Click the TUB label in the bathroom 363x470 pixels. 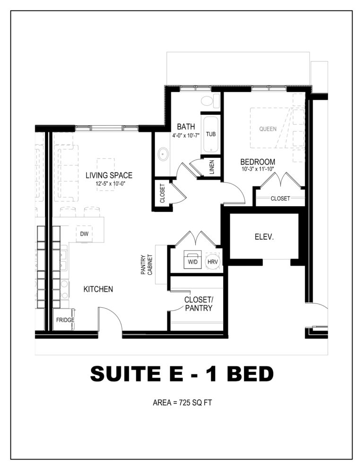[x=211, y=134]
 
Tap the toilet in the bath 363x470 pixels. [x=210, y=100]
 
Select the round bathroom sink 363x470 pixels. [x=163, y=154]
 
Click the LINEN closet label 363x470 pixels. [x=212, y=167]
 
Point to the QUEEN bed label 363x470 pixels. [x=268, y=129]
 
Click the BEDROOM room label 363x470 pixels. [x=258, y=162]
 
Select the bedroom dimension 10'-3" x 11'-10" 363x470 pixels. [x=258, y=169]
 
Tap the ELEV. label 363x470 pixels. [x=264, y=237]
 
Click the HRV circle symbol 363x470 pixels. [x=213, y=261]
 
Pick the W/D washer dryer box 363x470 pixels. [x=193, y=260]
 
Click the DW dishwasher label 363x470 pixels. [x=84, y=234]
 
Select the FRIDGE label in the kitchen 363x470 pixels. [x=65, y=320]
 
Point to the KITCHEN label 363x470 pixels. [x=98, y=289]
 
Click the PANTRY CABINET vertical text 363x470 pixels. [x=147, y=265]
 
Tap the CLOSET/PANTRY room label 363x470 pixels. [x=199, y=304]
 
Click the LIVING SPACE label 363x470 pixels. [x=109, y=175]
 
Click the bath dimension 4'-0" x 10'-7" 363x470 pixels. [x=186, y=135]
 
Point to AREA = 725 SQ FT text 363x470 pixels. [x=182, y=402]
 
